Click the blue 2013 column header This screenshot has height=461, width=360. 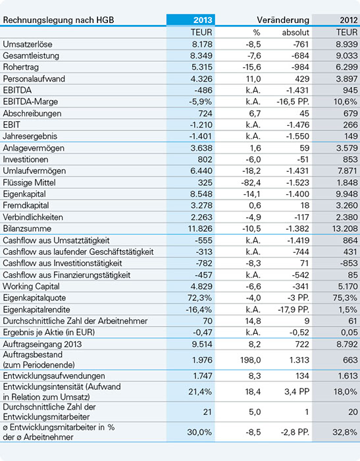[203, 20]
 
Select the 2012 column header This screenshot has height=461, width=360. [349, 20]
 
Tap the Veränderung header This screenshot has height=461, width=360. [283, 20]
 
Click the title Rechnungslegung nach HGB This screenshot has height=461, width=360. [59, 20]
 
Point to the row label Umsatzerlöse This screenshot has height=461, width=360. [28, 44]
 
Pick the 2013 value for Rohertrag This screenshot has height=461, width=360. [202, 67]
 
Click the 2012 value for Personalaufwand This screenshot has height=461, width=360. [347, 79]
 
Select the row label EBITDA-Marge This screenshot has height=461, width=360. [30, 101]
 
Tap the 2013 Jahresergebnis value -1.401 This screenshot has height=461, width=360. [201, 136]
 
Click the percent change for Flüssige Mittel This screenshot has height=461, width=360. [251, 182]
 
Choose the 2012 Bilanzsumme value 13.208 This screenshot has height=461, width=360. [345, 229]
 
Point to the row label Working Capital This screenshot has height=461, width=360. [31, 286]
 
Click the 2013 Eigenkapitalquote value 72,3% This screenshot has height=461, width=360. [199, 298]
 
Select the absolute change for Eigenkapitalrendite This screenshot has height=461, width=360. [294, 310]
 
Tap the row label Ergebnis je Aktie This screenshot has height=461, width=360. [49, 333]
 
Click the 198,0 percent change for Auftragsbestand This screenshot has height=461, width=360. [250, 360]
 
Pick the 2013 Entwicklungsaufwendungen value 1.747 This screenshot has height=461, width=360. [203, 376]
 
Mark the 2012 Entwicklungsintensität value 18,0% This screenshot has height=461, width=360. [346, 392]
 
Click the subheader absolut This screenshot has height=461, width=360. [296, 32]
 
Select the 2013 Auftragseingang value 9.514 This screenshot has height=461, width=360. [202, 344]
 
